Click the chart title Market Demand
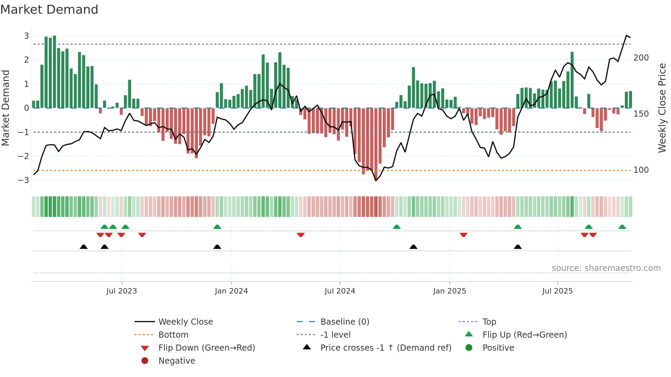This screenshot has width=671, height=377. pos(49,10)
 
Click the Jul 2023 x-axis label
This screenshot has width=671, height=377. pos(122,291)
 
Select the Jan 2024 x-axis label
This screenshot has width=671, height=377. pos(231,291)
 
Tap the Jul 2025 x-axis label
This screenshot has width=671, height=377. pos(557,291)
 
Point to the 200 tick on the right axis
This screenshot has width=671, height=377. pos(641,58)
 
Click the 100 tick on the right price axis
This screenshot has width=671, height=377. pos(641,170)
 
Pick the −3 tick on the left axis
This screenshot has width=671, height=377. pos(24,180)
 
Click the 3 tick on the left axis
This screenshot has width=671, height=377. pos(26,36)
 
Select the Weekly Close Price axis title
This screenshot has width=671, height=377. pos(662,108)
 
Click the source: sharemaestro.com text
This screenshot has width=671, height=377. pos(606,268)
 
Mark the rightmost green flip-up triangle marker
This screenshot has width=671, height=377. pos(622,227)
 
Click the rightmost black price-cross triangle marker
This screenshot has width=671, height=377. pos(518,247)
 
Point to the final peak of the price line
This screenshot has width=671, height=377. pos(626,36)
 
